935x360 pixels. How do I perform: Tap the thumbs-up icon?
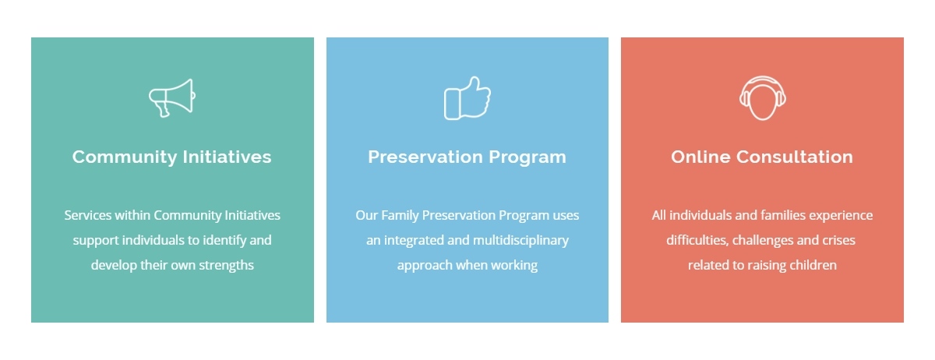coord(467,98)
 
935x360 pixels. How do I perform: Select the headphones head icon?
coord(762,97)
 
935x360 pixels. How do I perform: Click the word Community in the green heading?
coord(125,157)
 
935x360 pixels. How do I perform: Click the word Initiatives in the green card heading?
coord(227,157)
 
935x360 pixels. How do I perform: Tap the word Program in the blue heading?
coord(527,157)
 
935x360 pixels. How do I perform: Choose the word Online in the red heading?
coord(700,157)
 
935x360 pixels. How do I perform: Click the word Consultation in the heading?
coord(795,157)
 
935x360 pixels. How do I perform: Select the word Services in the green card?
coord(87,215)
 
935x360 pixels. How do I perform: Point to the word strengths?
coord(226,265)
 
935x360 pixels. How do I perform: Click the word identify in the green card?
coord(224,240)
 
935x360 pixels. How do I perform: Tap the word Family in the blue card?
coord(400,216)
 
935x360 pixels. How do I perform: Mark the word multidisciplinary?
coord(520,241)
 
